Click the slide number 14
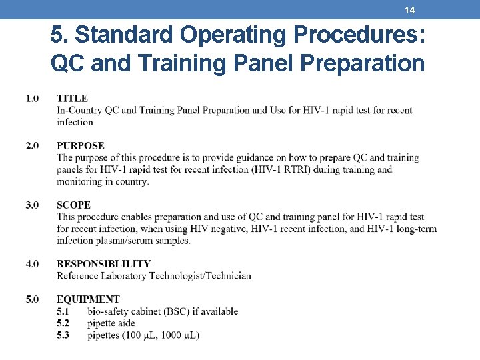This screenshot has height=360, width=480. (x=410, y=10)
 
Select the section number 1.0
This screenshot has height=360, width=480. (x=33, y=99)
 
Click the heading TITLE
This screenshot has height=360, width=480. (x=72, y=99)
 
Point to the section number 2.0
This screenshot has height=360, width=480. (x=33, y=145)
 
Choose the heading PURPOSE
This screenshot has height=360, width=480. (x=81, y=145)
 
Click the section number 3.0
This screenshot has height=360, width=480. (x=33, y=205)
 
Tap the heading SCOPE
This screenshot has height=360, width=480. (x=73, y=205)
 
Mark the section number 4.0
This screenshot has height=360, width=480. (x=33, y=264)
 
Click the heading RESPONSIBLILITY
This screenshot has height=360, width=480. (x=103, y=264)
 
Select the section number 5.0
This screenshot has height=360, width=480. (x=33, y=299)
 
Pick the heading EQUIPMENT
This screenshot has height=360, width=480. (x=88, y=299)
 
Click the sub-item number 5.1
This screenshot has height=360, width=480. (x=63, y=311)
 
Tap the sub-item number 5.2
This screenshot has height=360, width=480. (x=63, y=323)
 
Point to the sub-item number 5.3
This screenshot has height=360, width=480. (x=63, y=335)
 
